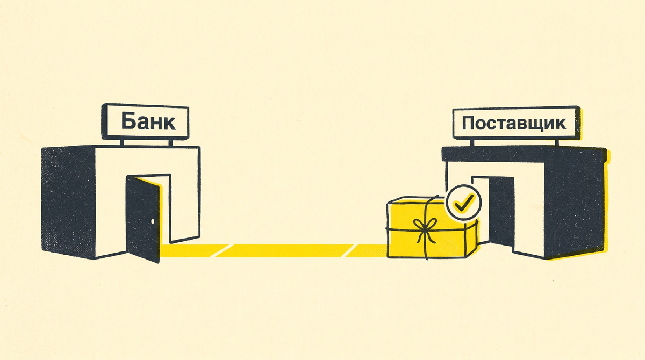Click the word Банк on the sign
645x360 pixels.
148,122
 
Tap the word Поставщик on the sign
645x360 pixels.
514,123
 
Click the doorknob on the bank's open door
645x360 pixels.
152,221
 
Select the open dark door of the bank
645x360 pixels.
142,219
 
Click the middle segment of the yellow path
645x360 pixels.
284,250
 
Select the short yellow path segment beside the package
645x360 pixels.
366,250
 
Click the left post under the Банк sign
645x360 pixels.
122,142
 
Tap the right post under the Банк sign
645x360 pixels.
170,143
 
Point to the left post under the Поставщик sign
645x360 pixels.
472,143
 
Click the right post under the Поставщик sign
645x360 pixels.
557,143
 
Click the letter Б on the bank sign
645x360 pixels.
127,121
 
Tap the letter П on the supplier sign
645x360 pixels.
469,123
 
